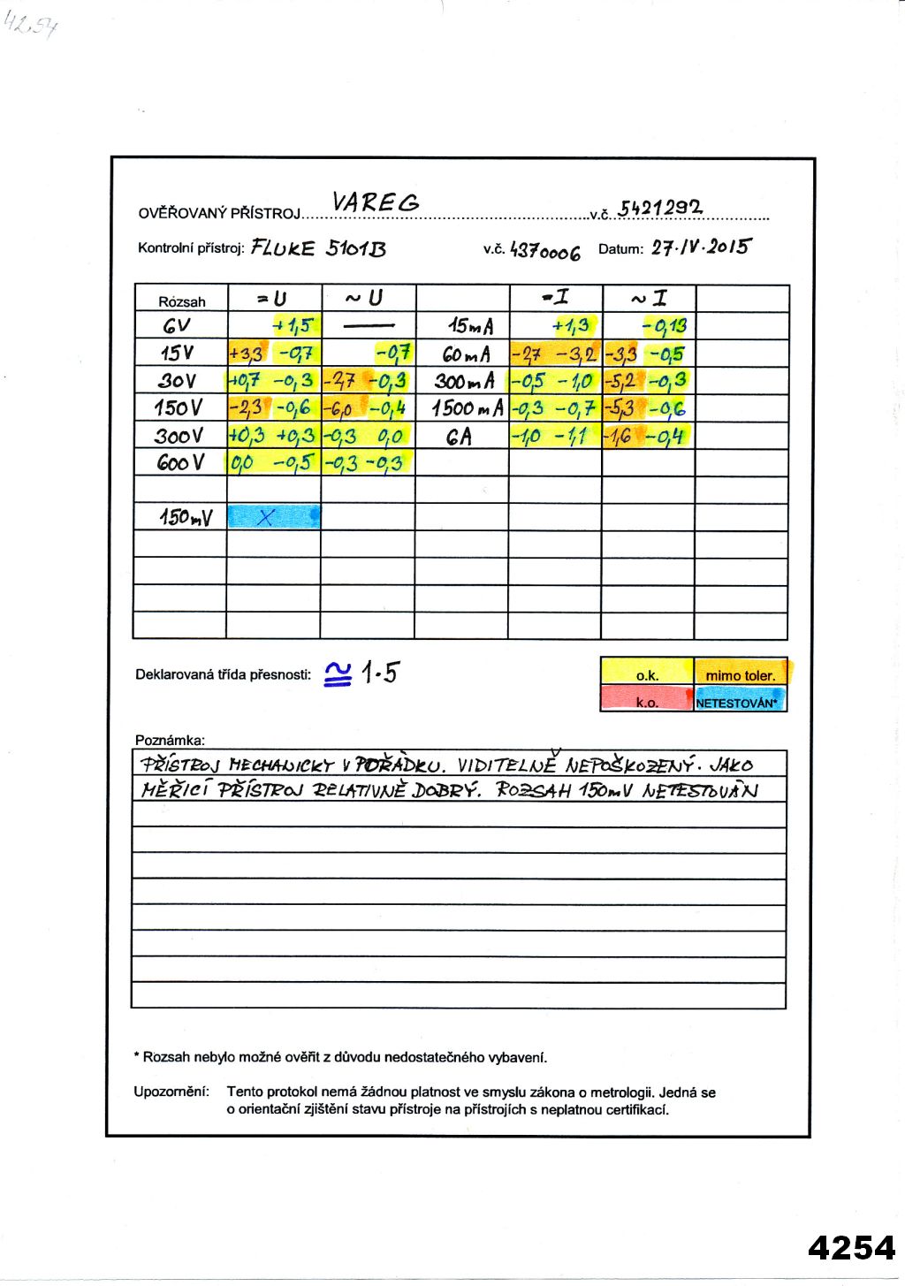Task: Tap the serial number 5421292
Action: pyautogui.click(x=660, y=208)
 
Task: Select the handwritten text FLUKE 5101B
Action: pyautogui.click(x=318, y=247)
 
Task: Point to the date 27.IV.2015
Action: pyautogui.click(x=700, y=247)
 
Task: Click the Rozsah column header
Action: pyautogui.click(x=181, y=301)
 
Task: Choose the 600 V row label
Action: pyautogui.click(x=180, y=462)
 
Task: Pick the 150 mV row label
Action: pyautogui.click(x=186, y=517)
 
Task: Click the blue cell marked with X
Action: pyautogui.click(x=273, y=517)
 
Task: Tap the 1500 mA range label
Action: pyautogui.click(x=468, y=408)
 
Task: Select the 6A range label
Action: pyautogui.click(x=459, y=436)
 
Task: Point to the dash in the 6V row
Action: pyautogui.click(x=369, y=326)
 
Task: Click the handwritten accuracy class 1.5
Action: pyautogui.click(x=380, y=673)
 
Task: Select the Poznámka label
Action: pyautogui.click(x=170, y=740)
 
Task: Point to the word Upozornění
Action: pyautogui.click(x=171, y=1092)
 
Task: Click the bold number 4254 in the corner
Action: pyautogui.click(x=851, y=1247)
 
